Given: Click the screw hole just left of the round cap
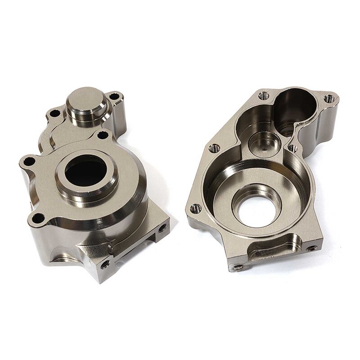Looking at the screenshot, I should (x=56, y=113).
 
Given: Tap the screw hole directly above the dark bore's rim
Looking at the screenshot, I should (x=103, y=135).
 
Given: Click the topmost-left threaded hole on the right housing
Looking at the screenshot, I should (x=264, y=95).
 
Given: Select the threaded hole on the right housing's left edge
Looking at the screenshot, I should (x=214, y=147).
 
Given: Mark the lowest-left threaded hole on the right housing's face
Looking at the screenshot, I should (x=196, y=208).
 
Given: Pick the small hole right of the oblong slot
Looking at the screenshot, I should (x=310, y=248).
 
